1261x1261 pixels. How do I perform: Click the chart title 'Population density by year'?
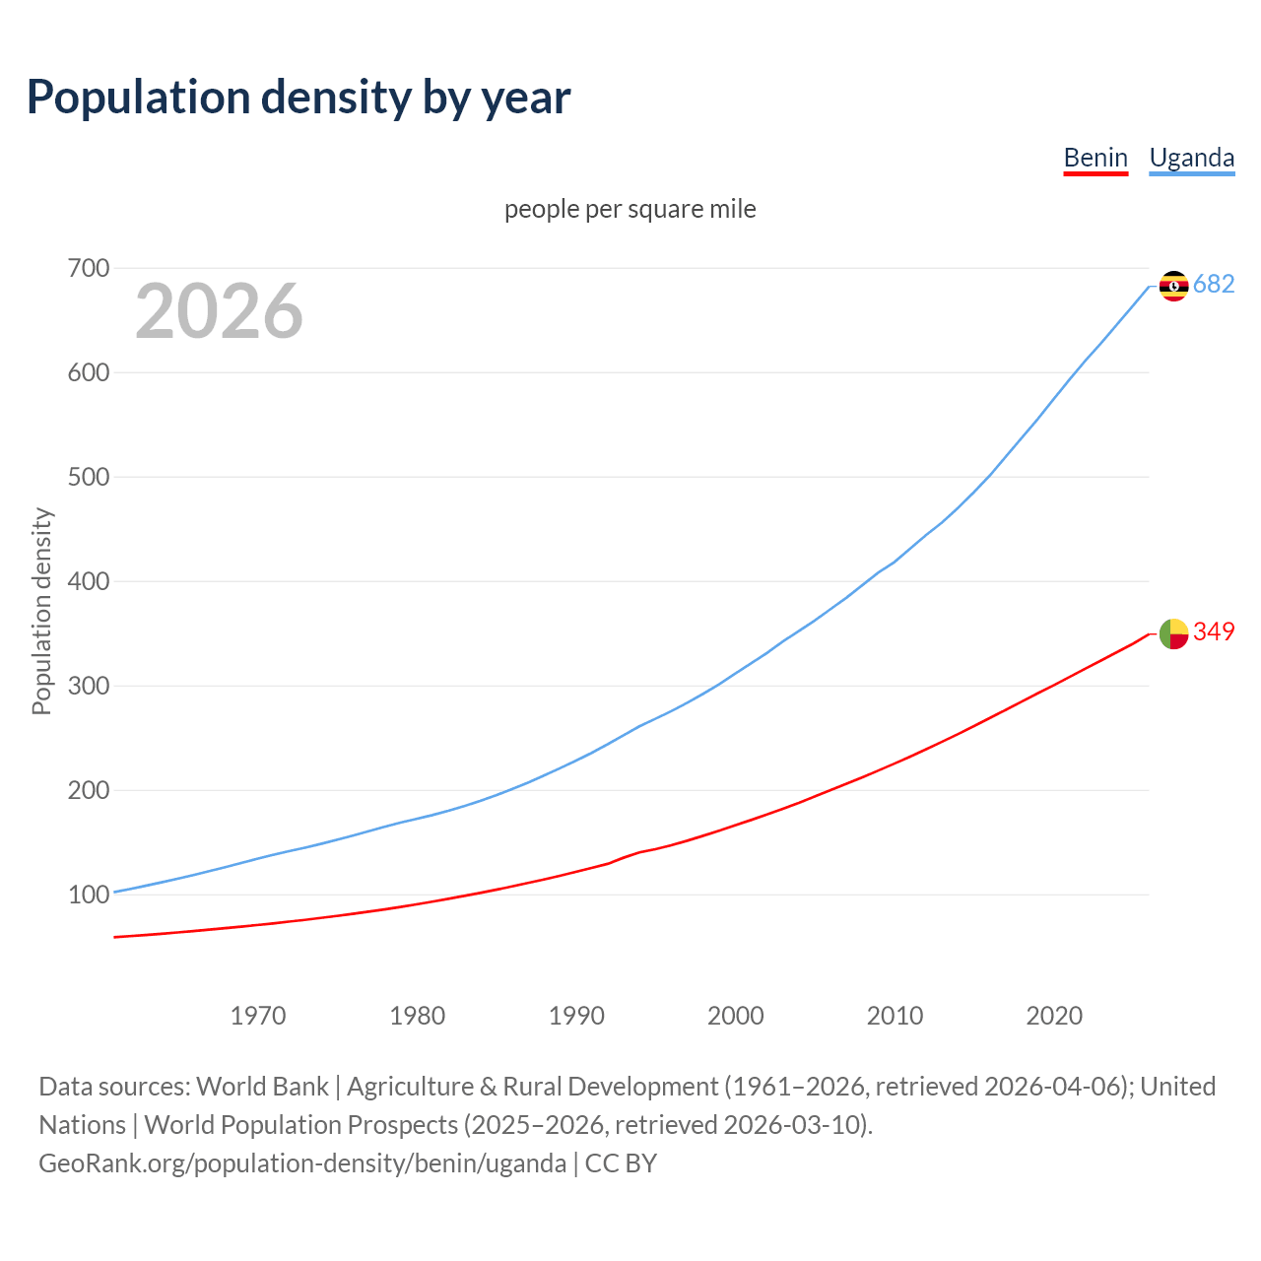tap(299, 98)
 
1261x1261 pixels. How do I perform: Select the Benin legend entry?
tap(1095, 158)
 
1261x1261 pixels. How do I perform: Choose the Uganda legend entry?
tap(1191, 158)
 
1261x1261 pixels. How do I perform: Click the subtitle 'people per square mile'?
tap(630, 209)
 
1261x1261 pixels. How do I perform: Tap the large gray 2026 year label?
tap(219, 311)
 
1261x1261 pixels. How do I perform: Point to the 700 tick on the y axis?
tap(89, 268)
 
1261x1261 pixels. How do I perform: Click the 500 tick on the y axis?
tap(89, 477)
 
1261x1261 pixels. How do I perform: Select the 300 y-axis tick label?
tap(89, 686)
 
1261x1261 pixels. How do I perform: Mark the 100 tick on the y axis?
tap(89, 895)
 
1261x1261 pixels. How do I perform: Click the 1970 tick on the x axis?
tap(258, 1015)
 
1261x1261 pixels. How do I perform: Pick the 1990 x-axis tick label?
tap(576, 1015)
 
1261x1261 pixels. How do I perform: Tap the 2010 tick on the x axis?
tap(895, 1015)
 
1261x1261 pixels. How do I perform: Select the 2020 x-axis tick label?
tap(1054, 1015)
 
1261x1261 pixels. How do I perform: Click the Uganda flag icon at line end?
tap(1173, 286)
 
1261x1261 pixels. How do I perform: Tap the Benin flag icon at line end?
tap(1173, 633)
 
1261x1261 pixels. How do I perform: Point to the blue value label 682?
tap(1214, 284)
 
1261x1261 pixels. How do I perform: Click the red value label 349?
tap(1214, 631)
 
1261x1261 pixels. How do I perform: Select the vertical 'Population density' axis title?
tap(41, 611)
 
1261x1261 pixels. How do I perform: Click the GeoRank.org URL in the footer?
tap(302, 1162)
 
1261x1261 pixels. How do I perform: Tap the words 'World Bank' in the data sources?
tap(262, 1086)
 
